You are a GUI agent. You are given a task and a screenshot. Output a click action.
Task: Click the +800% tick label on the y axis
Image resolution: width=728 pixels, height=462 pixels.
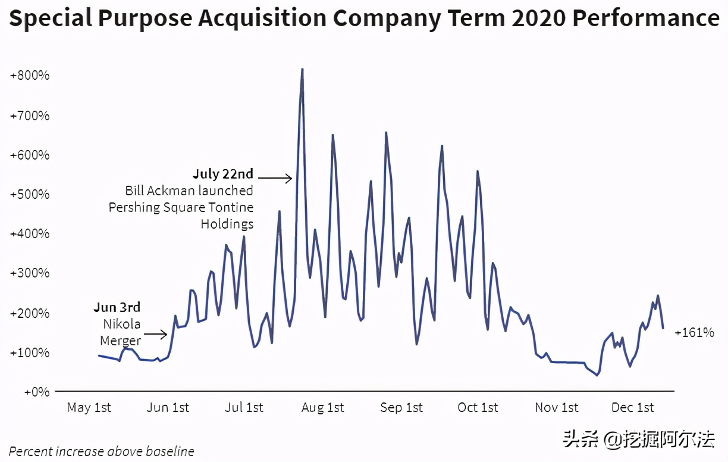tap(29, 76)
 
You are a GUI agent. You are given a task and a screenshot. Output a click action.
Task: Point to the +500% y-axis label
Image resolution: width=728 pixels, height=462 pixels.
tap(29, 194)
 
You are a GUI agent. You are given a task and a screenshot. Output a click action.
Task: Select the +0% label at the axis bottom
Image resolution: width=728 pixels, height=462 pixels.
tap(36, 392)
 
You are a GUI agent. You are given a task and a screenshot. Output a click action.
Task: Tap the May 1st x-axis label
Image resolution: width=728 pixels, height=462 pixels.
tap(89, 408)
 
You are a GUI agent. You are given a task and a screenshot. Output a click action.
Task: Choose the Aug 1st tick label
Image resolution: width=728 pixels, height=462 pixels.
tap(322, 408)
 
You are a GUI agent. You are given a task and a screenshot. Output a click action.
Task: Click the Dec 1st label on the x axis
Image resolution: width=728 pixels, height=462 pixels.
tap(632, 408)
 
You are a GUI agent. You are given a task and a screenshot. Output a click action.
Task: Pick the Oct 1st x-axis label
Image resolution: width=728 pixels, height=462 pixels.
tap(478, 408)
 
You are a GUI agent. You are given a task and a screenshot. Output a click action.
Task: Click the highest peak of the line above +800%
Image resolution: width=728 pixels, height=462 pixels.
tap(302, 70)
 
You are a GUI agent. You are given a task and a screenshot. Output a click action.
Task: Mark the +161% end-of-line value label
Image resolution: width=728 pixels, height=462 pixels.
tap(694, 333)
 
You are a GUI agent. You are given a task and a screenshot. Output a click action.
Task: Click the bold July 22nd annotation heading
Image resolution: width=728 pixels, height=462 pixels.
tap(223, 174)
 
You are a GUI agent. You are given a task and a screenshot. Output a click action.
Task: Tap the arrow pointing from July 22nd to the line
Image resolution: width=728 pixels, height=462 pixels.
tap(275, 177)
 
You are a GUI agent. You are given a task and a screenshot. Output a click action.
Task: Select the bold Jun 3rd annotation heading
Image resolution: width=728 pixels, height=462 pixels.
tap(117, 308)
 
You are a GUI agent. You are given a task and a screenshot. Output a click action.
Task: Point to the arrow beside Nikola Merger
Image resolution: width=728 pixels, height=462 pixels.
tap(156, 335)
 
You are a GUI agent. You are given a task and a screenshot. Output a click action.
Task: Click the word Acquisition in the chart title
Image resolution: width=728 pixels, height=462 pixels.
tap(263, 19)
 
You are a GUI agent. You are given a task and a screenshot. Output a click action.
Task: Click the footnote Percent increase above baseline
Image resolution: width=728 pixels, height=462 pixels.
tap(101, 451)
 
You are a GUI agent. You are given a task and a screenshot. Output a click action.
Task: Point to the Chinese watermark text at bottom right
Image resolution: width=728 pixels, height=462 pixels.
tap(639, 440)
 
